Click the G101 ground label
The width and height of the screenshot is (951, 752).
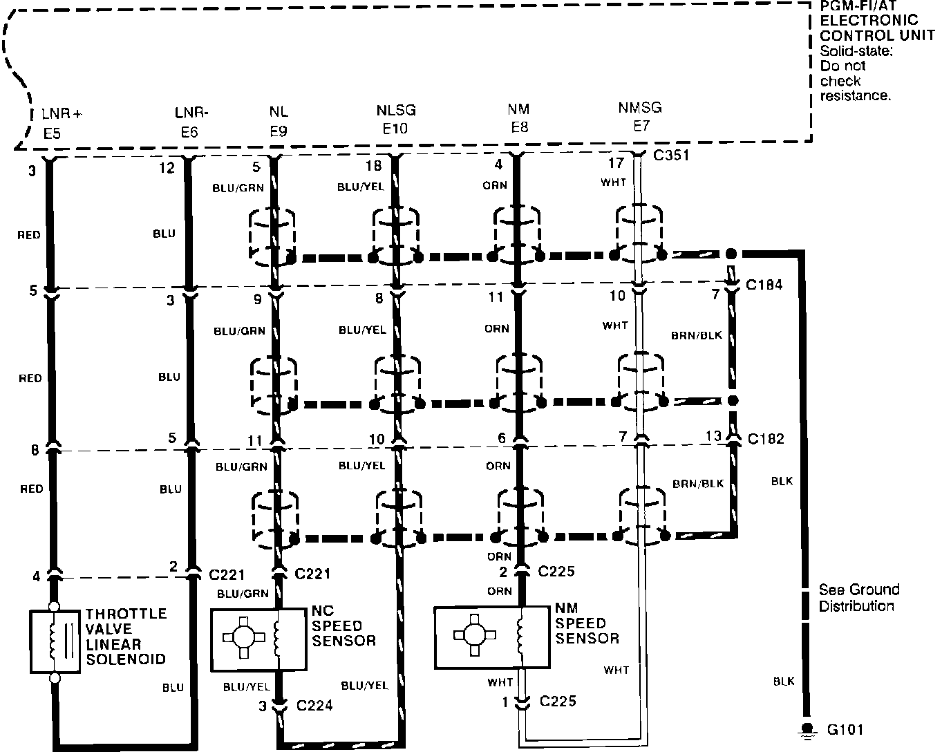[845, 729]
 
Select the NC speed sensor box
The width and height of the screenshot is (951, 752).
[258, 639]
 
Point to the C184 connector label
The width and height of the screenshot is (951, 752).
[764, 285]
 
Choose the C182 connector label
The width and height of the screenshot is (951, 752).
[765, 438]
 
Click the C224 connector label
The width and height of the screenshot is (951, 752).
[314, 705]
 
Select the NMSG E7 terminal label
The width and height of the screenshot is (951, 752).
[639, 116]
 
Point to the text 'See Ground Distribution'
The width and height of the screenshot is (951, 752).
[858, 598]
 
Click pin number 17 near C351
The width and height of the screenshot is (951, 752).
[615, 164]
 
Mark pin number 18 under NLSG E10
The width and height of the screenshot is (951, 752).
[373, 166]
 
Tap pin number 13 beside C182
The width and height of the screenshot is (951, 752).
[713, 436]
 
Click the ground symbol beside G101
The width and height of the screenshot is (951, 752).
[805, 728]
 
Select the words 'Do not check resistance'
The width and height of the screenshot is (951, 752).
[854, 81]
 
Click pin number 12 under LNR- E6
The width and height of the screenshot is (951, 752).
[167, 167]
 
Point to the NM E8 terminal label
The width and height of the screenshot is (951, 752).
[518, 118]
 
